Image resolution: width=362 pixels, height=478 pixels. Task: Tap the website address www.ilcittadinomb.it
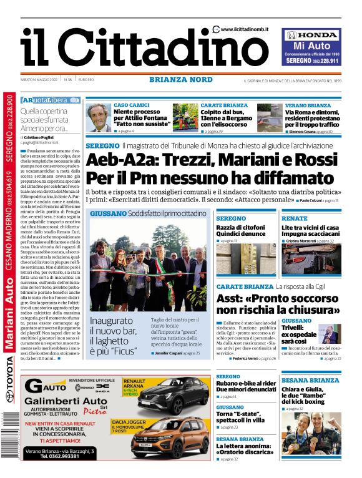click(x=247, y=29)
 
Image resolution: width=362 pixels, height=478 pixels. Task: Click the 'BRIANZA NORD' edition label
click(x=180, y=79)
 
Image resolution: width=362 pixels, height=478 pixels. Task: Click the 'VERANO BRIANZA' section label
click(x=308, y=105)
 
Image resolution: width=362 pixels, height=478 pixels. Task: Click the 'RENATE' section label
click(x=294, y=218)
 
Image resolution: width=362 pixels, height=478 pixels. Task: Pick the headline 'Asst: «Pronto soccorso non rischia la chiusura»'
click(x=278, y=304)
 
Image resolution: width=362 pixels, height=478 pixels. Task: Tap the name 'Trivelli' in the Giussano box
click(x=292, y=327)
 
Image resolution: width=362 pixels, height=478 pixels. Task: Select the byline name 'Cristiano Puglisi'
click(x=44, y=137)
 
